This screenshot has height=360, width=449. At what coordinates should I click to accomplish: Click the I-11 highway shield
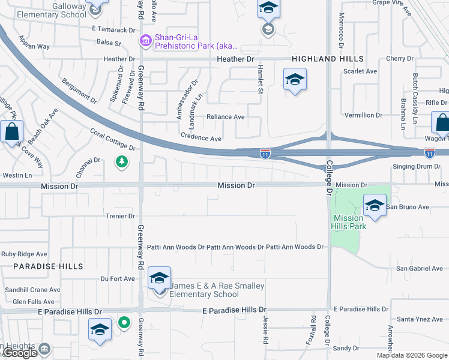click(x=265, y=154)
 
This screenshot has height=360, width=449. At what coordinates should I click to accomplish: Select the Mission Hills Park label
click(x=348, y=222)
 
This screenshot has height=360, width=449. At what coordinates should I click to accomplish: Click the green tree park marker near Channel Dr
click(x=122, y=162)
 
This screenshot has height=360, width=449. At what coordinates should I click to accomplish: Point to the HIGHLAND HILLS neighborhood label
click(x=328, y=59)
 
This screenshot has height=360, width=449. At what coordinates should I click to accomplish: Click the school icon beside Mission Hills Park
click(x=375, y=205)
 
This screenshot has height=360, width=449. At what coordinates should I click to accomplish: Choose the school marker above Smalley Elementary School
click(x=159, y=278)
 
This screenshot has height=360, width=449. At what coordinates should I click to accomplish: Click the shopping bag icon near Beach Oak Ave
click(x=11, y=131)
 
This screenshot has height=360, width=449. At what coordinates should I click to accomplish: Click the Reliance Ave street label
click(x=226, y=117)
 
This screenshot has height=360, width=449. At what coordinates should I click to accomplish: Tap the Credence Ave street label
click(x=201, y=137)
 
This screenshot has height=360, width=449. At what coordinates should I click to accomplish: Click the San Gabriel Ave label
click(x=419, y=268)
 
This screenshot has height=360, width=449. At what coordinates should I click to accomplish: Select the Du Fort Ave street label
click(x=118, y=278)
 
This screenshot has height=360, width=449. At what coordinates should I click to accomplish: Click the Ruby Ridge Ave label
click(x=24, y=254)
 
